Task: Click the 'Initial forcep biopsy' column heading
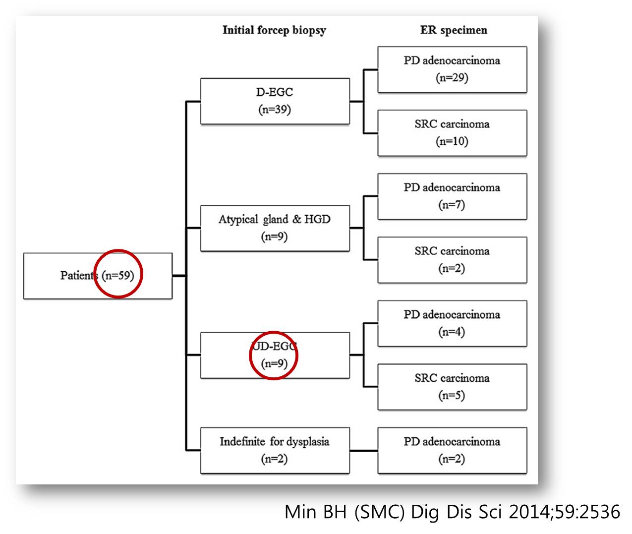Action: pyautogui.click(x=274, y=30)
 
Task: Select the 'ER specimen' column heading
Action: pyautogui.click(x=454, y=30)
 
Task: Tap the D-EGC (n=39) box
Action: pyautogui.click(x=275, y=101)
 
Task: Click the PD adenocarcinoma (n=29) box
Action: pyautogui.click(x=452, y=69)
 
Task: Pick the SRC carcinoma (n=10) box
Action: pyautogui.click(x=452, y=133)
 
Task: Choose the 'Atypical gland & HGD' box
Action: pyautogui.click(x=275, y=228)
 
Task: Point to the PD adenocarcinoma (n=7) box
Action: pyautogui.click(x=452, y=196)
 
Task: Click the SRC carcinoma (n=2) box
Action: pyautogui.click(x=452, y=260)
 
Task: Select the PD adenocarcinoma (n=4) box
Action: pyautogui.click(x=452, y=323)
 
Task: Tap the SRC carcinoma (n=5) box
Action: pyautogui.click(x=452, y=387)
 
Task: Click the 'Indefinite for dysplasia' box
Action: pyautogui.click(x=275, y=450)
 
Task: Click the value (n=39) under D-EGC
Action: pyautogui.click(x=275, y=109)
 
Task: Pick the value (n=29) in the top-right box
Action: pyautogui.click(x=452, y=78)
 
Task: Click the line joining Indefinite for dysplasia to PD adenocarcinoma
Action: pyautogui.click(x=364, y=451)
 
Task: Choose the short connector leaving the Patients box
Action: pyautogui.click(x=179, y=276)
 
